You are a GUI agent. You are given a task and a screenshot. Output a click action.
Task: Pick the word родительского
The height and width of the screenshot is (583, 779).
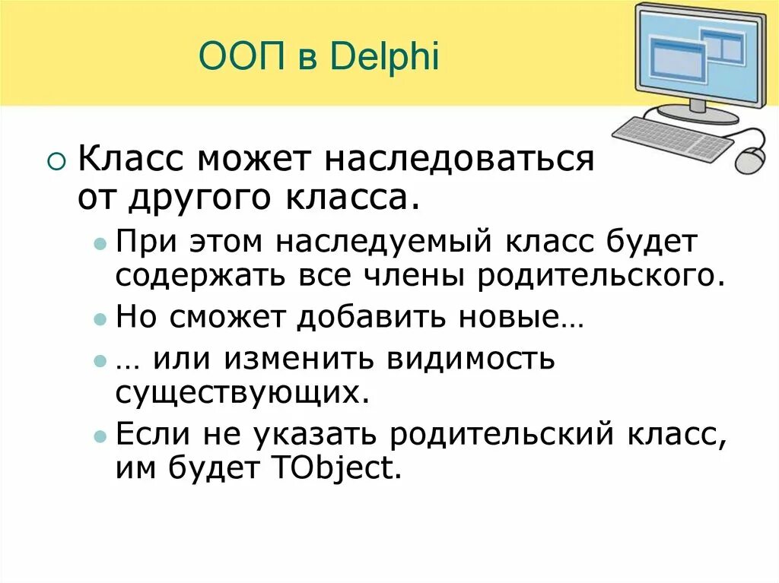[x=598, y=275]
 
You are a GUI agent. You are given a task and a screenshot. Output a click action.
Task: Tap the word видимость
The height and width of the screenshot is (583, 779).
[x=472, y=358]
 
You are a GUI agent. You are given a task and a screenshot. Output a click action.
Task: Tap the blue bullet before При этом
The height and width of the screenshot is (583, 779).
[x=100, y=245]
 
